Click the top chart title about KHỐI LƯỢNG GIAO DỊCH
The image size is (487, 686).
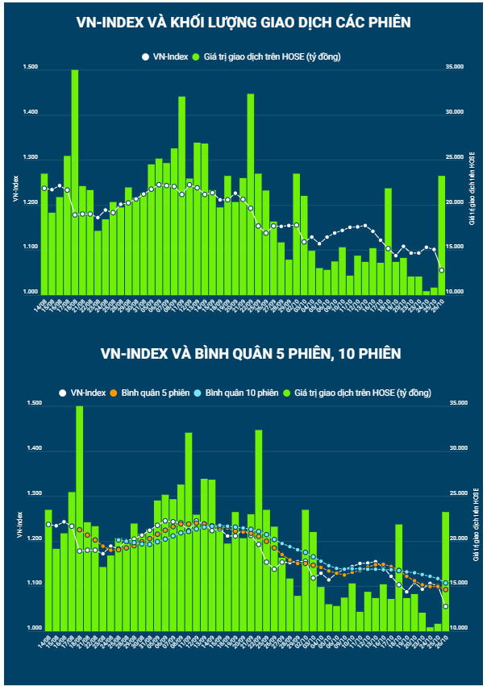(243, 23)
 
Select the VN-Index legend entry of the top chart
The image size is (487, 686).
(165, 56)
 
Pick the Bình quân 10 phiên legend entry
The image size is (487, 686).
(235, 393)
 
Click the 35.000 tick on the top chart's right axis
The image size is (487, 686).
(454, 69)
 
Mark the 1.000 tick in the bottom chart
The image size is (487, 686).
(31, 628)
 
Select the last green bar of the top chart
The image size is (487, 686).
(442, 235)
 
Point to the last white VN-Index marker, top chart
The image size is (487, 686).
(442, 270)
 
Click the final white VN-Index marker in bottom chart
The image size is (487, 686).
(445, 606)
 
